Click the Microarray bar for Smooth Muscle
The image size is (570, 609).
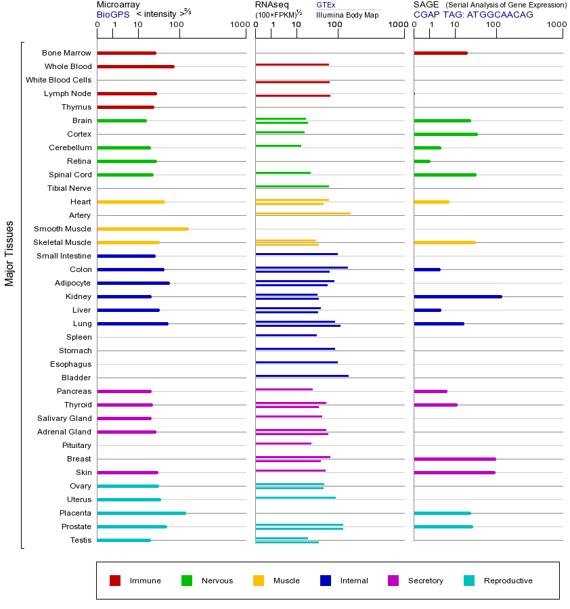coord(143,229)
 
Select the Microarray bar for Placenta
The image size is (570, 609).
coord(141,513)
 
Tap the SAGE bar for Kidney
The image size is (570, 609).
coord(458,296)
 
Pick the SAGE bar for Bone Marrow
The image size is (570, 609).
coord(441,53)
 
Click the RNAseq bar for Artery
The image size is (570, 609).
coord(303,214)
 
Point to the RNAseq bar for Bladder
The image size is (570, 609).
coord(302,376)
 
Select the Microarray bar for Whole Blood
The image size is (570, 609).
coord(136,66)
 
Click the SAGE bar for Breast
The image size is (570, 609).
coord(455,459)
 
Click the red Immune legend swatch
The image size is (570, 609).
coord(115,581)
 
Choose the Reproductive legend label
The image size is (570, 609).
coord(508,581)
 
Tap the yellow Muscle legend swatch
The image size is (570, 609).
coord(259,581)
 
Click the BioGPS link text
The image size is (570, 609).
coord(112,14)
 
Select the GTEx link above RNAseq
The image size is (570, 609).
coord(326,5)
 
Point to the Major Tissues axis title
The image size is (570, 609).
coord(9,253)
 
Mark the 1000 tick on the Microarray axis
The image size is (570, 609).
coord(239,25)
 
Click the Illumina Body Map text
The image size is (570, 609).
coord(347,14)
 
